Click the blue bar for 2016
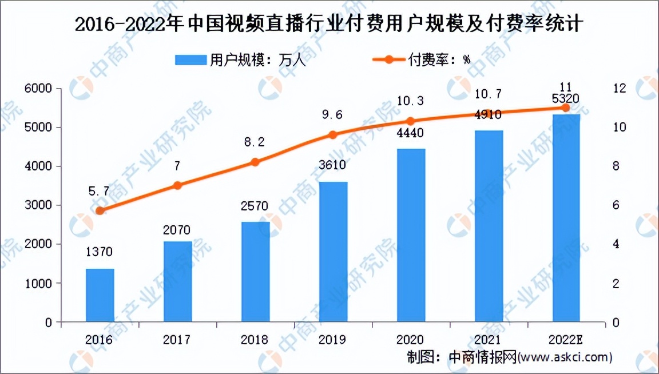(100, 295)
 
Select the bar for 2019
(333, 252)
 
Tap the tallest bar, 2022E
(566, 218)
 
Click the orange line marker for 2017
(177, 185)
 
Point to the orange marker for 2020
(410, 121)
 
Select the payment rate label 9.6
(332, 114)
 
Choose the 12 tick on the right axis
(620, 89)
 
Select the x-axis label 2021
(488, 340)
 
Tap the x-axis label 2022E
(566, 340)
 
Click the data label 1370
(100, 252)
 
